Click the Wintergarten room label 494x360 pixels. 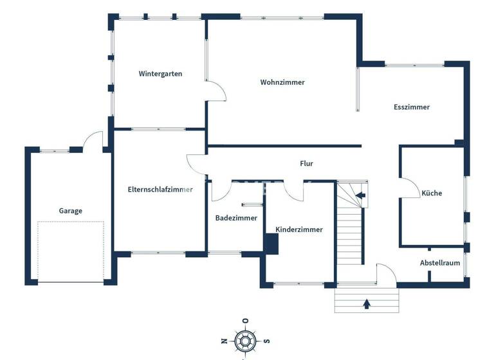(x=160, y=74)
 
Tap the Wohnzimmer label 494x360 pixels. (x=282, y=82)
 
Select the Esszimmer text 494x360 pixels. (x=412, y=107)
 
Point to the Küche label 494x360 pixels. (x=432, y=193)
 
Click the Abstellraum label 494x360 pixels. (x=440, y=263)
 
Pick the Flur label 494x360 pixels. (x=307, y=164)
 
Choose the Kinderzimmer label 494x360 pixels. (x=299, y=230)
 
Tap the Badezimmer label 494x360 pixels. (x=236, y=218)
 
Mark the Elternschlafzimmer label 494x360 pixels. (x=160, y=190)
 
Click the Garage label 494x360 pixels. (x=71, y=211)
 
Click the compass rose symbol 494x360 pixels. (x=244, y=340)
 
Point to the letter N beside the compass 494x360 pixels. (x=223, y=341)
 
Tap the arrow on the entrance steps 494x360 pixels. (x=367, y=303)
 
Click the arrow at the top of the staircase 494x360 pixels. (x=360, y=195)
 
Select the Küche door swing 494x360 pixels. (x=408, y=186)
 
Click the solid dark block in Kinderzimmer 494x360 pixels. (x=271, y=244)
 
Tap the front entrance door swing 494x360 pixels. (x=385, y=274)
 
